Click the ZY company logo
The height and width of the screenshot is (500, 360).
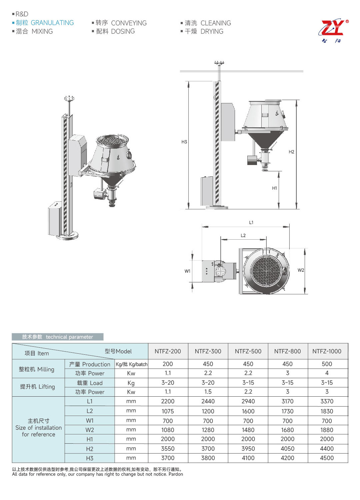click(x=333, y=31)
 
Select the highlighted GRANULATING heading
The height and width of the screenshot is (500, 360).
click(x=52, y=23)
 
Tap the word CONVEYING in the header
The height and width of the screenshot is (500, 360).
click(x=129, y=23)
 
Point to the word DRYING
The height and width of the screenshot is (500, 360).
click(x=212, y=31)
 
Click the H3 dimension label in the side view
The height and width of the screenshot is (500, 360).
click(x=184, y=142)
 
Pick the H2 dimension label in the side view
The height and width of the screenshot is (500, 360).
click(x=291, y=152)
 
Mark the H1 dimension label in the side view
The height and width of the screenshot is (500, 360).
click(x=274, y=188)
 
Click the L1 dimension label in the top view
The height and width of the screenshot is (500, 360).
click(x=251, y=222)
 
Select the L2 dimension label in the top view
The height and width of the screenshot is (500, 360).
click(x=243, y=235)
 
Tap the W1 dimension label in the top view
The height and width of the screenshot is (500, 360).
click(x=187, y=271)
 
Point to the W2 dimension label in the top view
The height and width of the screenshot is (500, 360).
click(x=301, y=270)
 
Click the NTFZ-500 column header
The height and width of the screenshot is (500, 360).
click(x=248, y=351)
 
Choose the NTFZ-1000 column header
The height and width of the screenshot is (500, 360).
click(x=327, y=351)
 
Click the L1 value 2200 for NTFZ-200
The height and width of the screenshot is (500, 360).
click(x=168, y=401)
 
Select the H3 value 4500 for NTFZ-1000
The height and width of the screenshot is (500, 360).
click(x=327, y=458)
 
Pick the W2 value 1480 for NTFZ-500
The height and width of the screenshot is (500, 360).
click(x=248, y=430)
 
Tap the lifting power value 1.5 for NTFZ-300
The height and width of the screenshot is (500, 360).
click(x=208, y=392)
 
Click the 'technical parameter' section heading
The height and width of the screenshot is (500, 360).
click(x=69, y=337)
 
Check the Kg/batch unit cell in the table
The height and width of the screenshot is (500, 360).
click(x=131, y=364)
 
